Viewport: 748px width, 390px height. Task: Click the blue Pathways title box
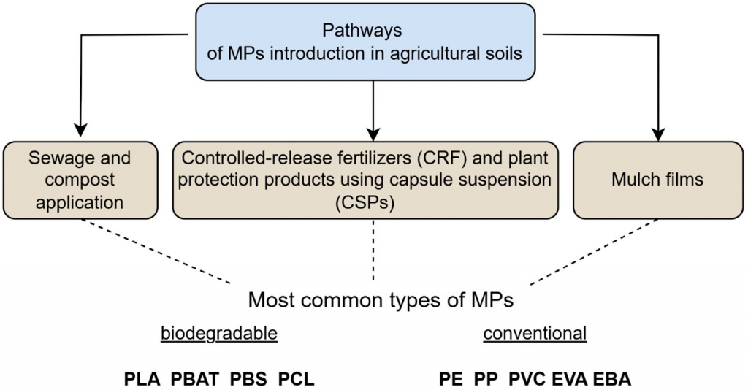pyautogui.click(x=365, y=42)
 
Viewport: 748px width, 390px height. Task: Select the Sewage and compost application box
pyautogui.click(x=80, y=180)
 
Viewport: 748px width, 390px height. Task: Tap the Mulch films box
pyautogui.click(x=658, y=180)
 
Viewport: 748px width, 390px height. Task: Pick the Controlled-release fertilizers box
pyautogui.click(x=365, y=180)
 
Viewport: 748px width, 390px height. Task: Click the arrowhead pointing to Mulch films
pyautogui.click(x=658, y=135)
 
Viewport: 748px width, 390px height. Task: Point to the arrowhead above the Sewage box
pyautogui.click(x=80, y=130)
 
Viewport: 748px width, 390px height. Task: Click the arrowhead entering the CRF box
pyautogui.click(x=373, y=135)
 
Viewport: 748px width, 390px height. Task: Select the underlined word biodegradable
pyautogui.click(x=219, y=333)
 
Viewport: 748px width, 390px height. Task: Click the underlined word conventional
pyautogui.click(x=535, y=333)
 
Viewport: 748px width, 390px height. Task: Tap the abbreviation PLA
pyautogui.click(x=142, y=379)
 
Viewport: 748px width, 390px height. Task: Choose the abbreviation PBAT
pyautogui.click(x=194, y=379)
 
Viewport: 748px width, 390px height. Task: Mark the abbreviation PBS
pyautogui.click(x=248, y=379)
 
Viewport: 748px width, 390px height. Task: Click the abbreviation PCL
pyautogui.click(x=297, y=379)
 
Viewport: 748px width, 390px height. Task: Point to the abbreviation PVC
pyautogui.click(x=527, y=379)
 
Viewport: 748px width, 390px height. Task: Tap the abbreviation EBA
pyautogui.click(x=612, y=379)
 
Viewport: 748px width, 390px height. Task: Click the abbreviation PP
pyautogui.click(x=486, y=379)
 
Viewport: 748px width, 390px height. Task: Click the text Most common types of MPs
pyautogui.click(x=381, y=300)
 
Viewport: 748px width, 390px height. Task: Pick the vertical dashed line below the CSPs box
pyautogui.click(x=373, y=251)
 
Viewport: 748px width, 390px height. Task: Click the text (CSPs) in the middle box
pyautogui.click(x=365, y=202)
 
